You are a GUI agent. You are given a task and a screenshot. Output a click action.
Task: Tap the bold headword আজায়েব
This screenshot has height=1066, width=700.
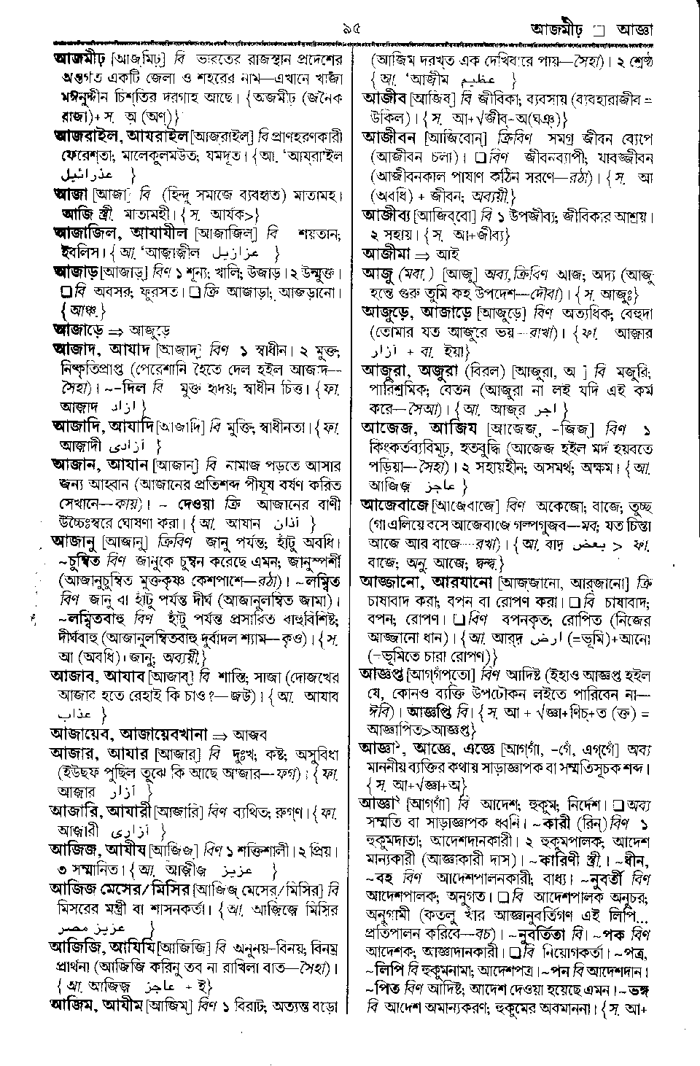click(79, 732)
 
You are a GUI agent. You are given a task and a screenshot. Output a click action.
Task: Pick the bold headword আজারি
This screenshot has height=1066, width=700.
click(77, 809)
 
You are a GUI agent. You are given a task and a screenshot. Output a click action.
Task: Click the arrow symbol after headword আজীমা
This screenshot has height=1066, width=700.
click(424, 254)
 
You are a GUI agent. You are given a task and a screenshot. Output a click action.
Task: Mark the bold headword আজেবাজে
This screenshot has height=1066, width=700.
click(397, 505)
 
